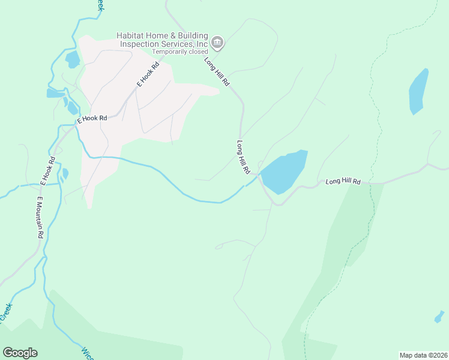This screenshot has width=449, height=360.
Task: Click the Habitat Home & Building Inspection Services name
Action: [163, 40]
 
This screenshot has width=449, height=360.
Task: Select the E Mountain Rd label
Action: [40, 217]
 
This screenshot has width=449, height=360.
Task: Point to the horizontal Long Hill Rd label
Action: [343, 181]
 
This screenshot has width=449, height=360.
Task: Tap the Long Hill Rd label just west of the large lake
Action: [243, 157]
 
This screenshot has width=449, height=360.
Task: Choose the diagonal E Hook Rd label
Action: [146, 74]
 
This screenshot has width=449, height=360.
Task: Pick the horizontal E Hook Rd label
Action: [92, 119]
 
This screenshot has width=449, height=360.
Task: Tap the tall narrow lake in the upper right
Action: [418, 91]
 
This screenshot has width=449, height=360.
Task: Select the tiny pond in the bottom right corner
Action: [439, 316]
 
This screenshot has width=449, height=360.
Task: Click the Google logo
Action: [20, 353]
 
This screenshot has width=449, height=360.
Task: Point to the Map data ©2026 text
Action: [423, 355]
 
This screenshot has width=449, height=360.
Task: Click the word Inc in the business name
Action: [202, 44]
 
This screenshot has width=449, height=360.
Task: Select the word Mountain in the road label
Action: [40, 220]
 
